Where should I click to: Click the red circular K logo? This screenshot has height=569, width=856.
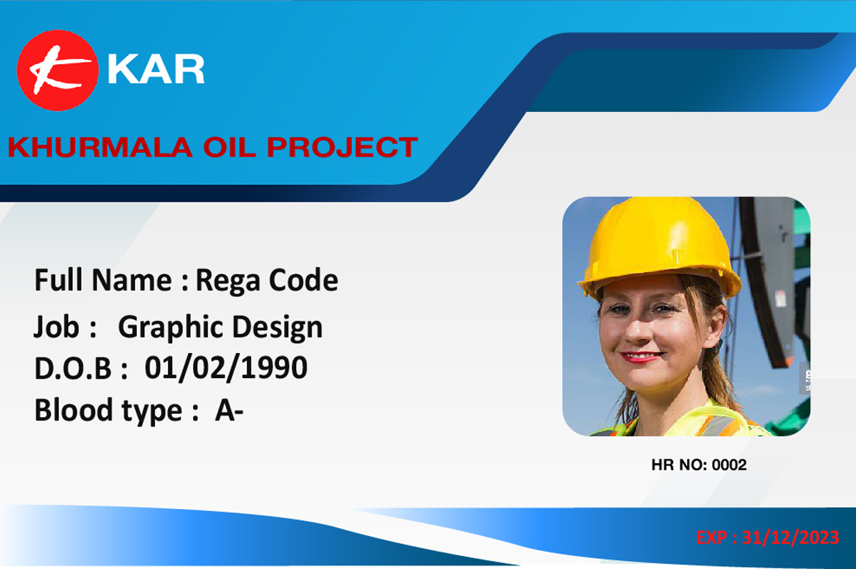[58, 70]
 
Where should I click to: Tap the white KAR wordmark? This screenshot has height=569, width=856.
[156, 69]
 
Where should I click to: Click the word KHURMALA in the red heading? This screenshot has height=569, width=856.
[100, 147]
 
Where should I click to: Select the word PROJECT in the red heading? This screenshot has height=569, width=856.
[342, 147]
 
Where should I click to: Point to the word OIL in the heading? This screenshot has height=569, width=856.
[229, 147]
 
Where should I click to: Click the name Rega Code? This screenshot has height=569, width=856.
[266, 281]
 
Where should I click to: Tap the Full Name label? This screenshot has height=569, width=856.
[103, 280]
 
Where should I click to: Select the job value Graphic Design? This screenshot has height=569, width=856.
[221, 328]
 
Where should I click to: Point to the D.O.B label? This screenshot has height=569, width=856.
[73, 369]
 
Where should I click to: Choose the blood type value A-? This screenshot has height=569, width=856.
[229, 410]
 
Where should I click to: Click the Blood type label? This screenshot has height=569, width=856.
[108, 411]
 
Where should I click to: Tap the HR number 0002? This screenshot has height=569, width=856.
[729, 465]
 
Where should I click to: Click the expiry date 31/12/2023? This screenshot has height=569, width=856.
[791, 538]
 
